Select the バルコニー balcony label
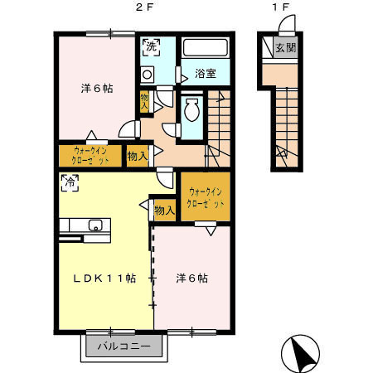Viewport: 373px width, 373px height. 123,346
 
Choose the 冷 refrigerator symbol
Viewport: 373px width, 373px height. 68,182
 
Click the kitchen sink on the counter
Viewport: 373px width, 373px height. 94,225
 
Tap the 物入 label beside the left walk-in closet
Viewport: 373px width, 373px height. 137,155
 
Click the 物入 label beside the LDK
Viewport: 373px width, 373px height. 164,211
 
